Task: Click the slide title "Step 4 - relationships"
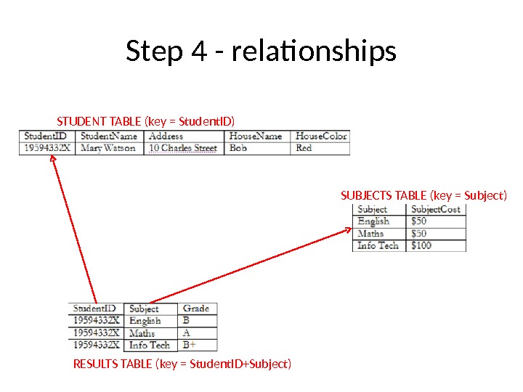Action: pos(261,52)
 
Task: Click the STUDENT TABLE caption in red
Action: pos(146,121)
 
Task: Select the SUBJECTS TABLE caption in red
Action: pos(423,195)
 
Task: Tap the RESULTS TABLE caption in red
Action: pos(182,363)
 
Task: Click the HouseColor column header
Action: pos(321,136)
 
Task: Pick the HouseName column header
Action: pos(255,136)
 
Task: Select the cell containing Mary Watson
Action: pos(108,148)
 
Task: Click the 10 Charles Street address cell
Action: pos(183,148)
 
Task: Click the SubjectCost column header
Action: pos(436,209)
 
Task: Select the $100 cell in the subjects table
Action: pos(421,245)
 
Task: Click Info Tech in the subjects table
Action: pos(378,245)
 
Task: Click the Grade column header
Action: pos(196,309)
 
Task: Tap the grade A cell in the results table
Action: pos(187,332)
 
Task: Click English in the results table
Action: pos(145,320)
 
